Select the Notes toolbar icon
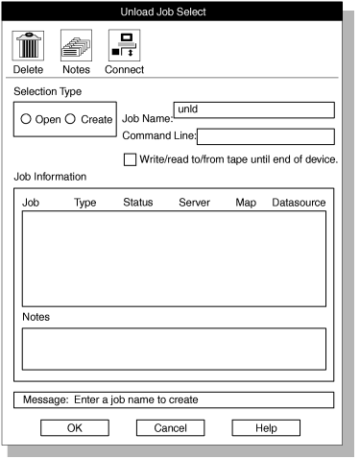tap(75, 44)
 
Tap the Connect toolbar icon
tap(124, 44)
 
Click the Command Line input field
tap(266, 136)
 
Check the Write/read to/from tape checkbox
tap(130, 159)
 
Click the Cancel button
tap(171, 427)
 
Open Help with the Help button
tap(266, 427)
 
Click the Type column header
tap(85, 203)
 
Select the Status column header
tap(138, 203)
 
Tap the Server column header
tap(195, 203)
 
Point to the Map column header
tap(245, 203)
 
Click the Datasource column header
tap(299, 203)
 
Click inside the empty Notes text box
tap(174, 349)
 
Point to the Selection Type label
tap(47, 91)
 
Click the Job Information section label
tap(50, 177)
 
